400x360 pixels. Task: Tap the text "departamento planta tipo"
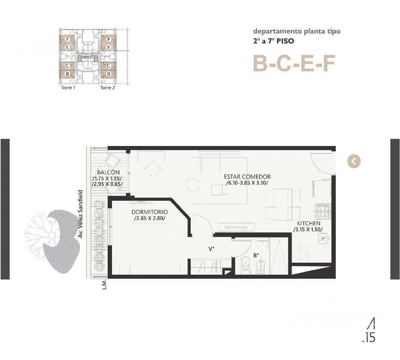click(x=297, y=31)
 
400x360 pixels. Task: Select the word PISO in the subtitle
click(x=286, y=41)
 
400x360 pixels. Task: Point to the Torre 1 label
click(x=68, y=88)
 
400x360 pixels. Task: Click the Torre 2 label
click(x=107, y=88)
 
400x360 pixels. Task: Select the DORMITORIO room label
click(x=149, y=212)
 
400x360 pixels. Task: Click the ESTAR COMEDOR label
click(x=247, y=177)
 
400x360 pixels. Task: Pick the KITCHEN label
click(x=308, y=223)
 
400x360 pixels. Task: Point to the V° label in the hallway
click(x=211, y=249)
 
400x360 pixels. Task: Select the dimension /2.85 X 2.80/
click(x=150, y=219)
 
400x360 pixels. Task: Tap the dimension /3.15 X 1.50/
click(x=308, y=230)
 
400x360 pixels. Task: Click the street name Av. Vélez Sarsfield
click(x=81, y=214)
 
